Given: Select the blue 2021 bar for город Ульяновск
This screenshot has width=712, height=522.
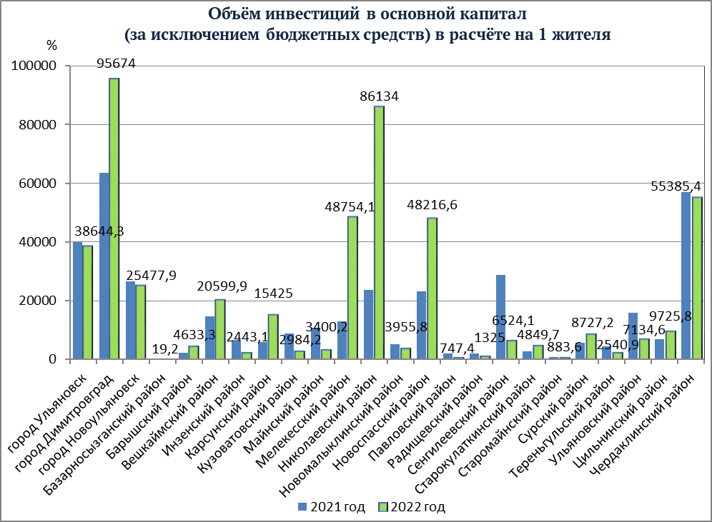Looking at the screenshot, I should tap(77, 301).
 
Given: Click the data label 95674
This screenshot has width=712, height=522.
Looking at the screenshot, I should tap(116, 64).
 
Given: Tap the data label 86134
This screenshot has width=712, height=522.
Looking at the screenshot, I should tap(379, 96).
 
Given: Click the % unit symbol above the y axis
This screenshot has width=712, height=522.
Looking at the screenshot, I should tap(51, 46).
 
